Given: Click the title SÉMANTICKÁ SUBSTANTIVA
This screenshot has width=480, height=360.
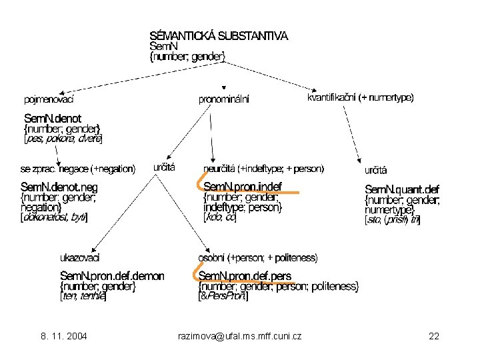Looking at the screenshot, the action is point(219,36).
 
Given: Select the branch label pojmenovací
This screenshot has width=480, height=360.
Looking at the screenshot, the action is point(48,100).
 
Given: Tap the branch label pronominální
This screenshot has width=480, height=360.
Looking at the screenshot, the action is point(224,100).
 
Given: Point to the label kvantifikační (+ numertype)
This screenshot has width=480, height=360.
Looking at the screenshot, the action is point(360,97).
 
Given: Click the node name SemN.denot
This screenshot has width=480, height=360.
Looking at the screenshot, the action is point(52,117).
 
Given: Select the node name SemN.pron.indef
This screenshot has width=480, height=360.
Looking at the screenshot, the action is point(243,186).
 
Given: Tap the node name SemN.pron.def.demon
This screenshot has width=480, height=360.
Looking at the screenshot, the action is point(112,276).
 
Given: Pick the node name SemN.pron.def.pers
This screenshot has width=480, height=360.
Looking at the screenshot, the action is point(245,276).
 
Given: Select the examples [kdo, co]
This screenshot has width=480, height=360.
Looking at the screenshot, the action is point(220,217).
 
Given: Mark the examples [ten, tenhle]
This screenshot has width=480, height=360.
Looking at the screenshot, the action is point(83,297).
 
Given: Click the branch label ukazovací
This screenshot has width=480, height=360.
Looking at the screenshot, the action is point(80,257).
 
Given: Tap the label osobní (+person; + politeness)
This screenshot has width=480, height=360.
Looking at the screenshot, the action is point(257,257).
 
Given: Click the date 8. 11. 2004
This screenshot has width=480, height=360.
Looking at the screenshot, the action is point(64,336).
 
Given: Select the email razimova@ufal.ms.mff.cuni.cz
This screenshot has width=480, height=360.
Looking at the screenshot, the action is point(241,336).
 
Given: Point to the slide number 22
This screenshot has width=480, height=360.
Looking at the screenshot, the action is point(434,336).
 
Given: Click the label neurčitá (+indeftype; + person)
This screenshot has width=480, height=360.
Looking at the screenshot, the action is point(263,168).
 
